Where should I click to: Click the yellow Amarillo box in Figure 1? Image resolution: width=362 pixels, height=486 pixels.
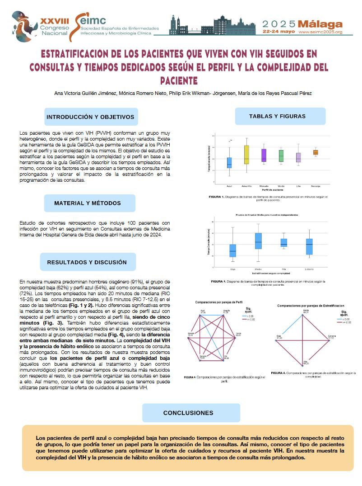246,154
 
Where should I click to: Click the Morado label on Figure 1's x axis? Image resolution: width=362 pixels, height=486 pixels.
264,185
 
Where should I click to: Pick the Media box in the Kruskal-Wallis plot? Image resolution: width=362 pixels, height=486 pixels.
258,241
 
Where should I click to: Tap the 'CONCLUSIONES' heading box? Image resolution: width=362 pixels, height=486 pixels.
188,413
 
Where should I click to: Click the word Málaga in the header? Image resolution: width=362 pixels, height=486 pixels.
321,24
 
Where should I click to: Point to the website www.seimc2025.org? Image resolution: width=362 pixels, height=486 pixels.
320,33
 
